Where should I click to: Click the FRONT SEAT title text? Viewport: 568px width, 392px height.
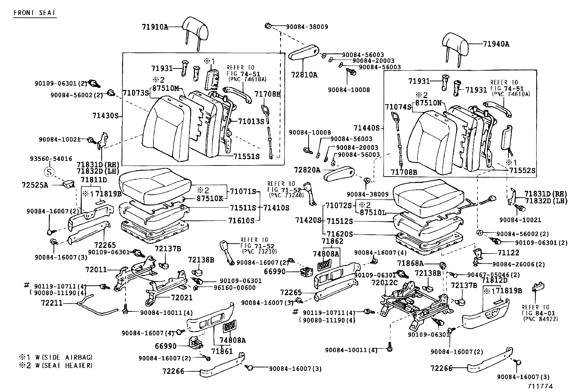[x=34, y=13]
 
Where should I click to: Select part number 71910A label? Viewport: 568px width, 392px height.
[x=154, y=27]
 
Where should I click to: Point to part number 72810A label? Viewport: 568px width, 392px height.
[x=304, y=75]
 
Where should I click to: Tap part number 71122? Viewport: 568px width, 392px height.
[x=508, y=253]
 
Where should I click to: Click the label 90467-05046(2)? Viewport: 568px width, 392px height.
[x=489, y=275]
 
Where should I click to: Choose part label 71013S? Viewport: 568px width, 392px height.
[x=252, y=121]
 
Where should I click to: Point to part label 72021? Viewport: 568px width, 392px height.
[x=182, y=297]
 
